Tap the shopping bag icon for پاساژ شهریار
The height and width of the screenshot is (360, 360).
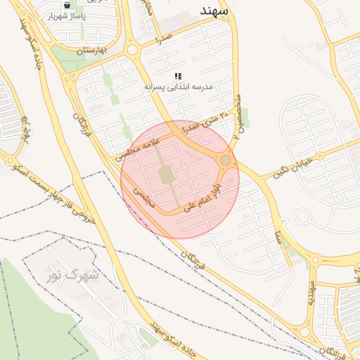pyautogui.click(x=67, y=5)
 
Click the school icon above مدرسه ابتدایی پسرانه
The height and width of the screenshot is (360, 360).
pyautogui.click(x=179, y=76)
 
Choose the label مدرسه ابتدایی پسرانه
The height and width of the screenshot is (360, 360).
pyautogui.click(x=178, y=86)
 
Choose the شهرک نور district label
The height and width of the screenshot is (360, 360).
pyautogui.click(x=77, y=275)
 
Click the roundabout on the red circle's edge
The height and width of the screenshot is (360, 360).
pyautogui.click(x=225, y=161)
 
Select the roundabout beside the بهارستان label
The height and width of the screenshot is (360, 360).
pyautogui.click(x=131, y=50)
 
